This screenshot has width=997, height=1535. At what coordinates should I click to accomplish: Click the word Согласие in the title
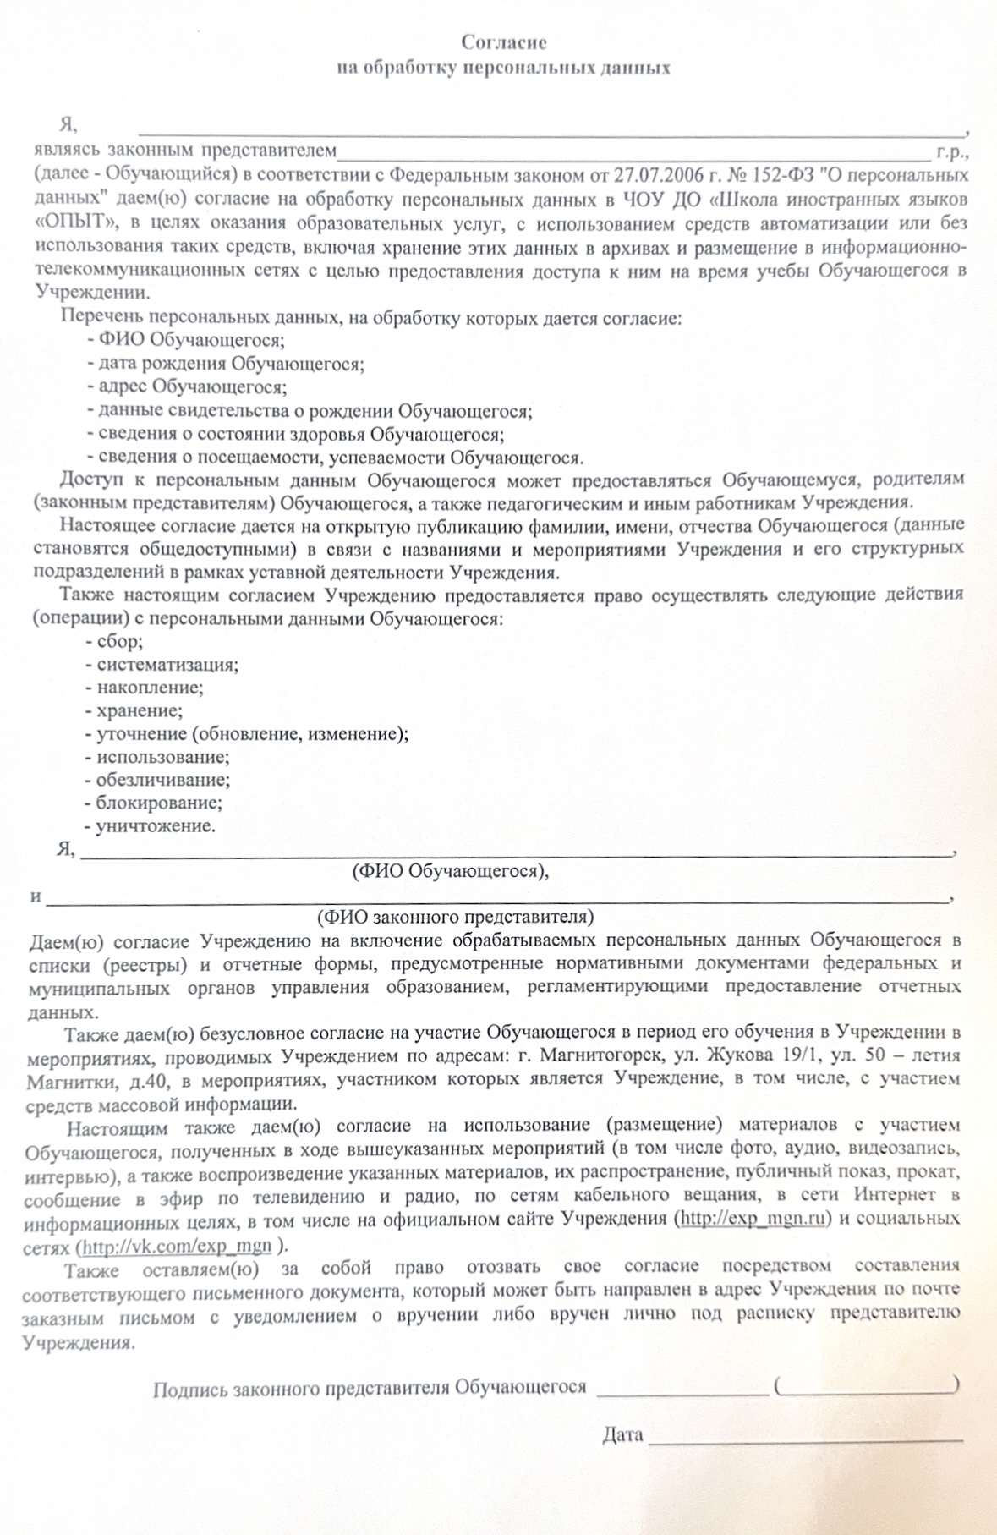(x=504, y=41)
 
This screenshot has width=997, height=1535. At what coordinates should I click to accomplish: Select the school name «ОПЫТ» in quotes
(x=75, y=223)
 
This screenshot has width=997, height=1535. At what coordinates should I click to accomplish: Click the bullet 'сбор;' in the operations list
(x=119, y=641)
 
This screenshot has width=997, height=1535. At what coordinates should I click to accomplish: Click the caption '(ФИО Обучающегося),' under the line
(x=450, y=870)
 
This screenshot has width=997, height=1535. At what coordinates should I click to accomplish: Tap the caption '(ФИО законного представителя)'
(x=455, y=917)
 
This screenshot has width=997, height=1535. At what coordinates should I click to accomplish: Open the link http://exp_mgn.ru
(x=752, y=1219)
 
